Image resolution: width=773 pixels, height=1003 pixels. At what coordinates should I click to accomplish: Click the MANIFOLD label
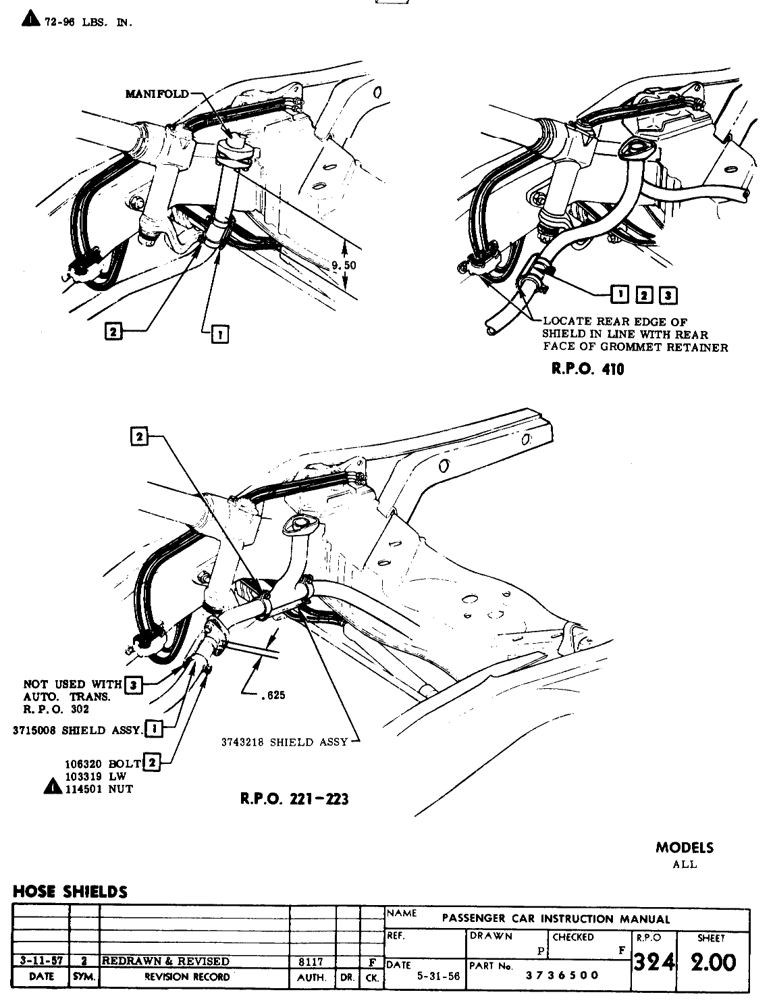click(x=157, y=94)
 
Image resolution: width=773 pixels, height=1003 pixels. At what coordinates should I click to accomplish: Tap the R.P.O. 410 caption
click(x=585, y=369)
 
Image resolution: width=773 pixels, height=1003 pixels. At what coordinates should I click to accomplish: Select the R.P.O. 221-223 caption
click(x=294, y=799)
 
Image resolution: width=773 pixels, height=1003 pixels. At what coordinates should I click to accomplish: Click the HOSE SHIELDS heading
click(x=70, y=892)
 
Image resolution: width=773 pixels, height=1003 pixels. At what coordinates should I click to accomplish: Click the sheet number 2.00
click(x=712, y=962)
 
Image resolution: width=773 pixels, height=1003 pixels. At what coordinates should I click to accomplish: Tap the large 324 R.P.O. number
click(x=653, y=962)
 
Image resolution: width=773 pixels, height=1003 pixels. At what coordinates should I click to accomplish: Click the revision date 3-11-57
click(x=41, y=961)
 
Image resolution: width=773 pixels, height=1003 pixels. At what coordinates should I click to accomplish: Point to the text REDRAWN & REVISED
click(x=165, y=961)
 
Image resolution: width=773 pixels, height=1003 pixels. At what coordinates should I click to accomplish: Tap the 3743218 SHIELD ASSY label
click(x=284, y=742)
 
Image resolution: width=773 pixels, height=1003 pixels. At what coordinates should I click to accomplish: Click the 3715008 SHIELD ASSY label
click(x=78, y=730)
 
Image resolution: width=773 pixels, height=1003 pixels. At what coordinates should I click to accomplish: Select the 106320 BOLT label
click(x=103, y=764)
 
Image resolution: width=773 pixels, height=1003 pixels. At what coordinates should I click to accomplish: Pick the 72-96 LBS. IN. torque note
click(x=87, y=22)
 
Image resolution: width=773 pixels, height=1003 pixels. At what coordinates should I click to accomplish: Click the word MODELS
click(x=684, y=848)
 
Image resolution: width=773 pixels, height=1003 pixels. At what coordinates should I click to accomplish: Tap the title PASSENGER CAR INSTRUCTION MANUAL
click(x=556, y=919)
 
